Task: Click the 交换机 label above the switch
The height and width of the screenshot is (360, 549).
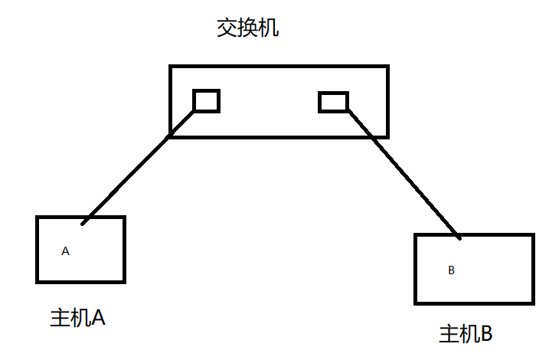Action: pyautogui.click(x=248, y=30)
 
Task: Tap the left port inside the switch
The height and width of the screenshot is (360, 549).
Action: pyautogui.click(x=206, y=100)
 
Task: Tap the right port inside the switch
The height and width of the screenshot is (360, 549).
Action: pyautogui.click(x=333, y=102)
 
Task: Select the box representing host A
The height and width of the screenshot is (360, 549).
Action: pyautogui.click(x=80, y=264)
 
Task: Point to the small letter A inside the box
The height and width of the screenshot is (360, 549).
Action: pyautogui.click(x=65, y=250)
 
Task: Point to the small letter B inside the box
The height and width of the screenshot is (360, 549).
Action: pyautogui.click(x=451, y=270)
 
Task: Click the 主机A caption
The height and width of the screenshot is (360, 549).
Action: pyautogui.click(x=77, y=318)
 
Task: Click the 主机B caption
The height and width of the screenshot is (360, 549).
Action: pyautogui.click(x=466, y=334)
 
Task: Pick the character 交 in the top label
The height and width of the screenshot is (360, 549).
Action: pyautogui.click(x=227, y=30)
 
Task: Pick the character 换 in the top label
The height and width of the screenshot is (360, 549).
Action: pyautogui.click(x=248, y=30)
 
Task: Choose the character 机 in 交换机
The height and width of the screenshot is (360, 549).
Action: pyautogui.click(x=269, y=30)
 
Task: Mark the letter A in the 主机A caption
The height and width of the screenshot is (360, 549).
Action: pyautogui.click(x=97, y=318)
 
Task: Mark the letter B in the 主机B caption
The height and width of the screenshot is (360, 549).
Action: pyautogui.click(x=486, y=334)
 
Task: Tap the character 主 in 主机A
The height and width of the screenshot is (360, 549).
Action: pyautogui.click(x=59, y=318)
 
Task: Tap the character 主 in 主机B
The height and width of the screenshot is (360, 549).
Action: pyautogui.click(x=448, y=334)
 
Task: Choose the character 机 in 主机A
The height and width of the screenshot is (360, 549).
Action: pyautogui.click(x=79, y=318)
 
